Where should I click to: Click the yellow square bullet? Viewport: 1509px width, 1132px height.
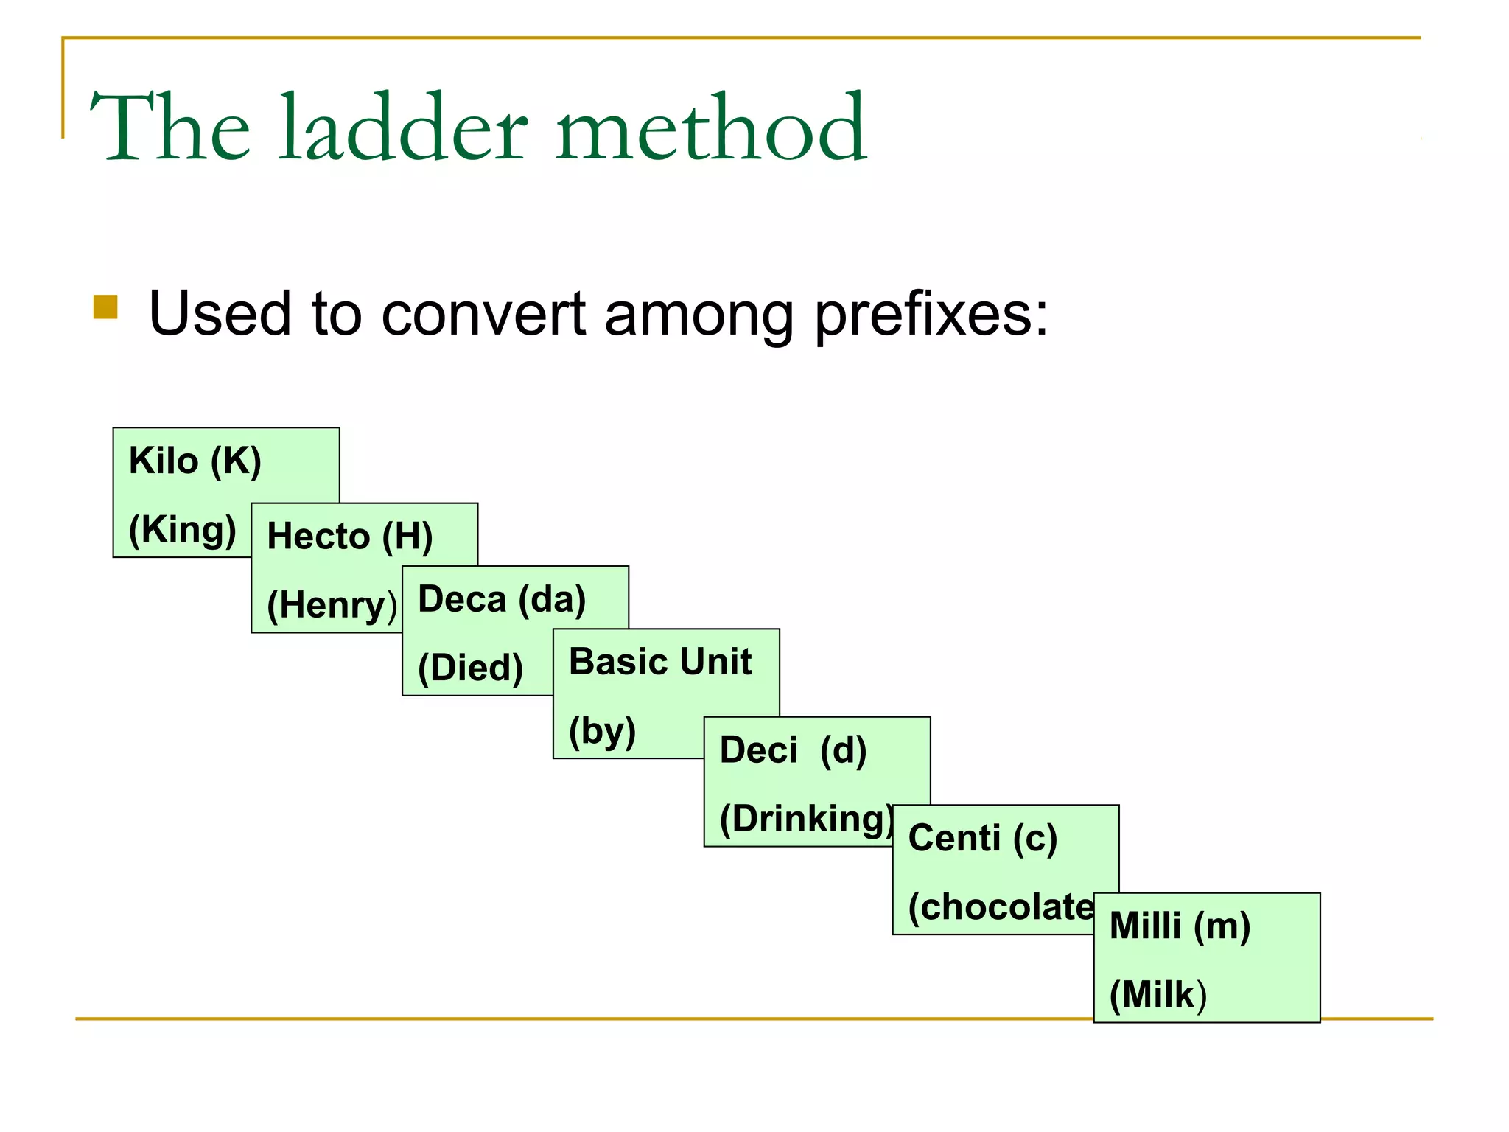point(105,307)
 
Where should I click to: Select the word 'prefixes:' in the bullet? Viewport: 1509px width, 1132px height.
point(931,315)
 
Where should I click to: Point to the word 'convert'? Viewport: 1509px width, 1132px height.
point(483,315)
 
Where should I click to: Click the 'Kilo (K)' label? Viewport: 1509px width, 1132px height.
point(195,461)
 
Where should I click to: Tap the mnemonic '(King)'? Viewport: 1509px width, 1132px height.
point(182,529)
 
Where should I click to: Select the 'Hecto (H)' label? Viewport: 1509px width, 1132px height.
point(350,536)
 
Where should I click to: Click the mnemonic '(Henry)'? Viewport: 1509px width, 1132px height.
point(332,605)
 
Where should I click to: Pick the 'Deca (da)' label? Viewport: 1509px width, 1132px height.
point(502,598)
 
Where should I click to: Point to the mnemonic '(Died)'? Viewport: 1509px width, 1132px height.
point(470,668)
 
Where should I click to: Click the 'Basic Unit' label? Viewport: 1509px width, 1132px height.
point(660,661)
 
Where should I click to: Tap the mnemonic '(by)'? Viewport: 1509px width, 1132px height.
point(602,730)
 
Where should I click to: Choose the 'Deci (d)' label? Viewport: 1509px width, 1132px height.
point(793,750)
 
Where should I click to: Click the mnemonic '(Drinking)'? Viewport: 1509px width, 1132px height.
point(807,819)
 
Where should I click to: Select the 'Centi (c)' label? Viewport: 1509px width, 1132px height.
point(983,838)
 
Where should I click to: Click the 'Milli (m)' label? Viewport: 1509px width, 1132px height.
point(1180,926)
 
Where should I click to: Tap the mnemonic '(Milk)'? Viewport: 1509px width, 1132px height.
point(1158,995)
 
